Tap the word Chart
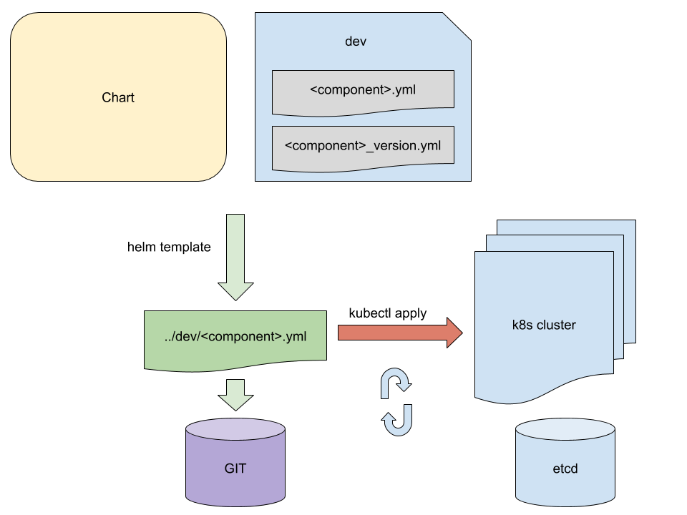118,97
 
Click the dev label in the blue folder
356,41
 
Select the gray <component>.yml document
363,91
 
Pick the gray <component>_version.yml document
363,147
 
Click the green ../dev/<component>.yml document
235,336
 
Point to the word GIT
235,469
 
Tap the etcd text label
565,469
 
